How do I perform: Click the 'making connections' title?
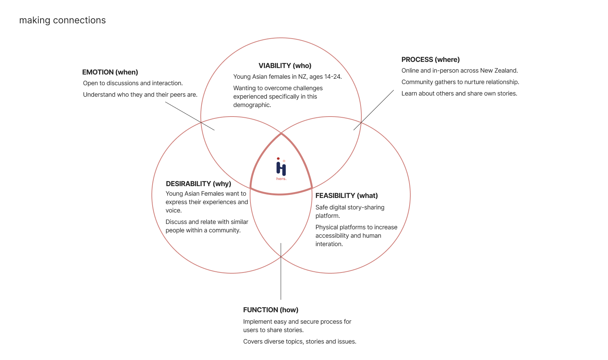62,20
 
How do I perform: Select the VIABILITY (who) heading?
285,66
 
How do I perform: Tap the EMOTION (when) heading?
110,72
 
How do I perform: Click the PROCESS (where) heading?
431,60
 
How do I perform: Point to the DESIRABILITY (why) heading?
198,184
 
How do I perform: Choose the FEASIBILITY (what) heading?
346,196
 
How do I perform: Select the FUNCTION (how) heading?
271,310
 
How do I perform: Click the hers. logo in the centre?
281,169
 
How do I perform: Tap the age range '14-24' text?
333,77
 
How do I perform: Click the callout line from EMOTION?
190,116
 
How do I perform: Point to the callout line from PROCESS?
374,110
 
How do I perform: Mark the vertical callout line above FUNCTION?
281,271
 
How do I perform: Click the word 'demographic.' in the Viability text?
252,105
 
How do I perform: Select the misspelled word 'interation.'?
329,244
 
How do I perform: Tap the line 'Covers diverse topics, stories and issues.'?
299,342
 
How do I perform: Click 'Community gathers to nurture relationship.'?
460,82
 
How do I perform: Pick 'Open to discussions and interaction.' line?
133,83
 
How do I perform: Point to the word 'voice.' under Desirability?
174,211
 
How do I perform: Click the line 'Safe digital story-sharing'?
350,208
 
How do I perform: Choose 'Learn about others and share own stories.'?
459,94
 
